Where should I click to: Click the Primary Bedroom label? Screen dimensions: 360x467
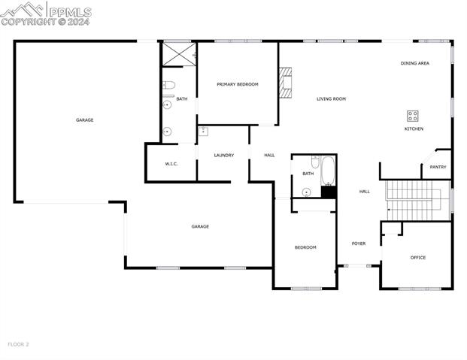[x=238, y=84]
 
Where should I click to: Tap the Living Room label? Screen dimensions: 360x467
[x=331, y=98]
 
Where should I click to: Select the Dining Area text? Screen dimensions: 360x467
[x=414, y=63]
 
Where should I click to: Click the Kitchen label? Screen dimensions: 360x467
[x=414, y=129]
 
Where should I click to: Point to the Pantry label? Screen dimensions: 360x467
[x=438, y=167]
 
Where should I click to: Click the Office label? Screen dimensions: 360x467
[x=418, y=258]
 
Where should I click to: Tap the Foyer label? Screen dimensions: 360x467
[x=359, y=244]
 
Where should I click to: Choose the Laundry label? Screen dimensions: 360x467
[x=223, y=156]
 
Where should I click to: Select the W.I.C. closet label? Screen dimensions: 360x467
[x=171, y=164]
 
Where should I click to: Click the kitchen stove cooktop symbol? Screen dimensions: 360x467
[x=413, y=116]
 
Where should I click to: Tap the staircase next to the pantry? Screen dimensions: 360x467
[x=418, y=200]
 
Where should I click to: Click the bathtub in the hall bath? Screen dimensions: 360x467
[x=328, y=171]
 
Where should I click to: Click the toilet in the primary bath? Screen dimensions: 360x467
[x=168, y=84]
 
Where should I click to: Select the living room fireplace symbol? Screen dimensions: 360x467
[x=284, y=83]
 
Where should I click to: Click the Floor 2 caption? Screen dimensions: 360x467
[x=18, y=344]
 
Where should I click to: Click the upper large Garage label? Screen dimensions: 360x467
[x=84, y=120]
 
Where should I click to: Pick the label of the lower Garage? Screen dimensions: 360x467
[x=199, y=226]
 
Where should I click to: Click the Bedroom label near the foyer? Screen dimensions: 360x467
[x=305, y=247]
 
